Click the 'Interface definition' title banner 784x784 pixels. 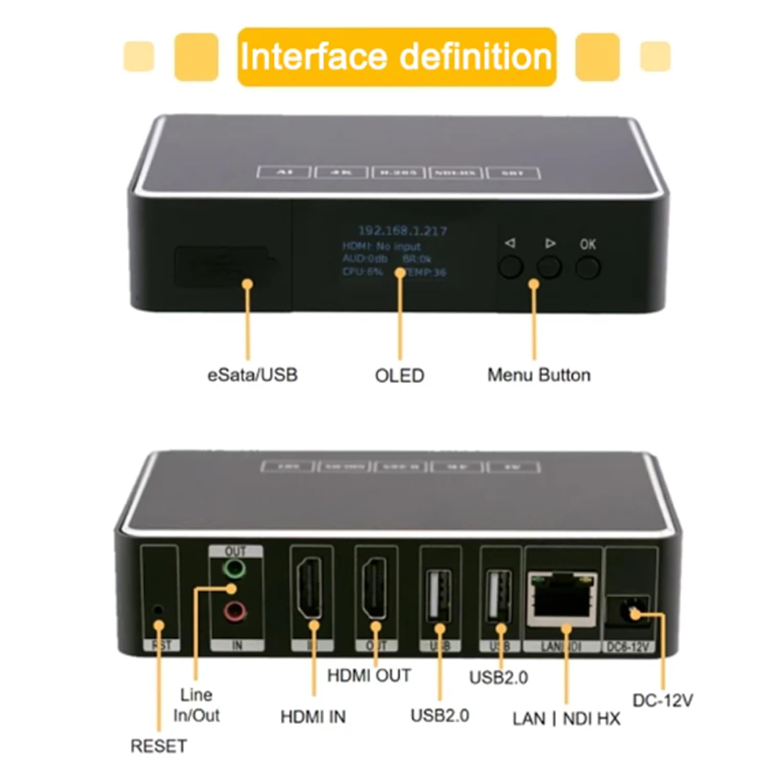tap(396, 57)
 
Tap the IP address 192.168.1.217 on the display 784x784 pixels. tap(402, 231)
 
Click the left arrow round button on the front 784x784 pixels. tap(510, 267)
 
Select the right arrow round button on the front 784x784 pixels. tap(549, 267)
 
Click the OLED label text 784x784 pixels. tap(399, 376)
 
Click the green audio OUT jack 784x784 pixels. tap(235, 568)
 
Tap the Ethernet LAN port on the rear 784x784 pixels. tap(562, 600)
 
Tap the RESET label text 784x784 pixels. tap(159, 746)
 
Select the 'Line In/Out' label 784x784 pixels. tap(196, 705)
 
